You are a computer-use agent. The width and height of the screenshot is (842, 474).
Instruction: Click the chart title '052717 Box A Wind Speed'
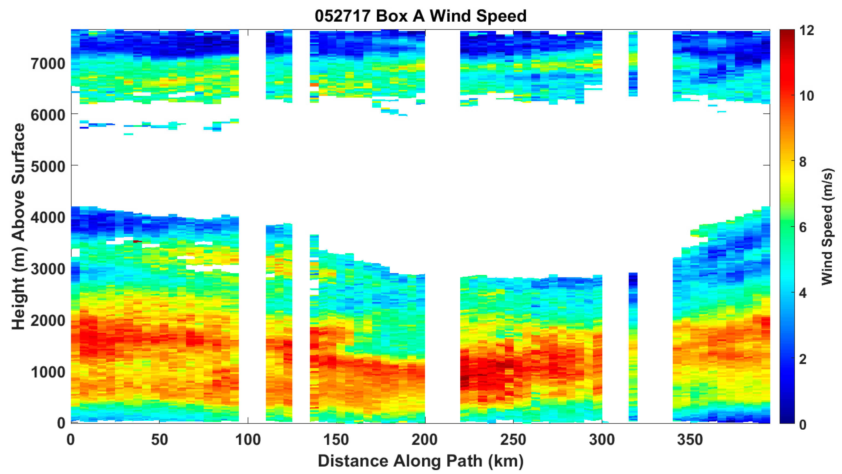[x=421, y=16]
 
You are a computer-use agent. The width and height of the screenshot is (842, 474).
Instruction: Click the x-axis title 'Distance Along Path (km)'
[x=421, y=461]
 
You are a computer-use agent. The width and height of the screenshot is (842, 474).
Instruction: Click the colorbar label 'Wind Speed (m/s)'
[x=826, y=226]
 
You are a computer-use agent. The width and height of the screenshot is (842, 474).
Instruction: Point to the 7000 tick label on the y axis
[x=48, y=64]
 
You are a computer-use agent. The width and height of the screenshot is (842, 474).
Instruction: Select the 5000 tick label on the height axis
[x=48, y=166]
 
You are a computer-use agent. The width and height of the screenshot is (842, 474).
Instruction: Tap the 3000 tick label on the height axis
[x=48, y=269]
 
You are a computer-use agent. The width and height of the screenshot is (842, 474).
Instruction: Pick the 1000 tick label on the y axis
[x=48, y=372]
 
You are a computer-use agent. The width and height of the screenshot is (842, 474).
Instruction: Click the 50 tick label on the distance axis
[x=159, y=440]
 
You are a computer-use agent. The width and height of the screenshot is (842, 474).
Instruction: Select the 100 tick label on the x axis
[x=248, y=440]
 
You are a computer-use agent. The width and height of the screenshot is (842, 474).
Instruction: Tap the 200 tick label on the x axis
[x=425, y=440]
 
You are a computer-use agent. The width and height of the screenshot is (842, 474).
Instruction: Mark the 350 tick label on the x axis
[x=690, y=440]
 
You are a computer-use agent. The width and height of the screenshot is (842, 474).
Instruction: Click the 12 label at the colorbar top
[x=806, y=31]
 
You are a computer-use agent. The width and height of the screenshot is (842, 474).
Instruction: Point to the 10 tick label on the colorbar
[x=806, y=96]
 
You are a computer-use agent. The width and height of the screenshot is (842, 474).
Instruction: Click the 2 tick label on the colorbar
[x=803, y=359]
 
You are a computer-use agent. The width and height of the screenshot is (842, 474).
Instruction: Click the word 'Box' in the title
[x=392, y=16]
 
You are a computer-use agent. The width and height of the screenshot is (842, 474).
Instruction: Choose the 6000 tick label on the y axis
[x=48, y=115]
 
